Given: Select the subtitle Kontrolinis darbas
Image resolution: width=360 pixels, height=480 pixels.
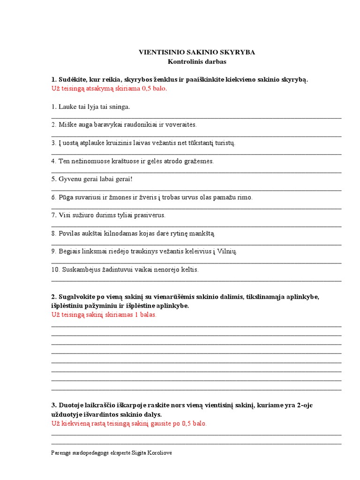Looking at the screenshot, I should (197, 61).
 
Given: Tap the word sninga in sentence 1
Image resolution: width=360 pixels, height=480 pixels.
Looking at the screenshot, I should (120, 107).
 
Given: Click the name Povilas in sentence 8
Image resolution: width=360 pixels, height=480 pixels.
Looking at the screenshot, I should (69, 233).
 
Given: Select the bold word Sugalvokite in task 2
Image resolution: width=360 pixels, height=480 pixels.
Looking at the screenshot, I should (77, 297).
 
